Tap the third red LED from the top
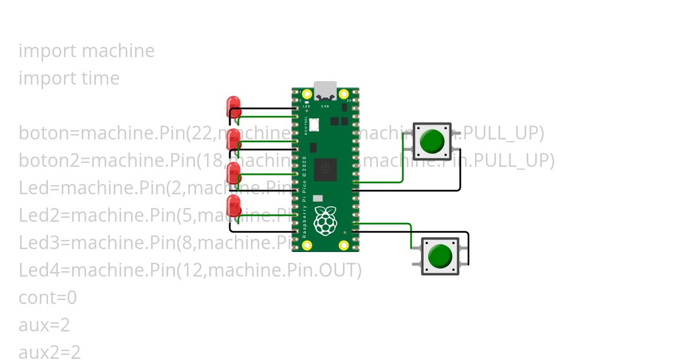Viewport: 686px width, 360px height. point(233,172)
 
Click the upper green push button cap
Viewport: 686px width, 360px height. point(432,141)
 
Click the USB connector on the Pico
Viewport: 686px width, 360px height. point(325,90)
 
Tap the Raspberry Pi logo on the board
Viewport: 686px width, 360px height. point(325,221)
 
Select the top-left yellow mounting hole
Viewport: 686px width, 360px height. point(307,94)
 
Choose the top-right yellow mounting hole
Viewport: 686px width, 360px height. point(344,94)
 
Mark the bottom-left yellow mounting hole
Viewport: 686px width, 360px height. point(307,245)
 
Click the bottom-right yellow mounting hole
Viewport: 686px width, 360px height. point(344,245)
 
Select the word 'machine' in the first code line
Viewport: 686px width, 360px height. point(118,51)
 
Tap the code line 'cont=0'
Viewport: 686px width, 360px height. point(47,298)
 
